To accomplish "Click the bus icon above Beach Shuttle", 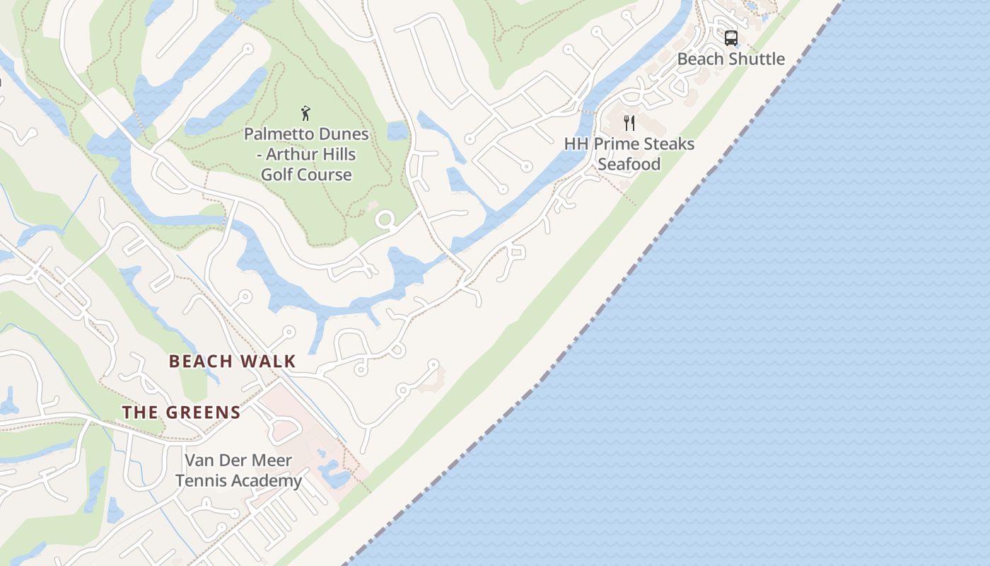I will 731,37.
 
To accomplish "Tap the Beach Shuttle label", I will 731,59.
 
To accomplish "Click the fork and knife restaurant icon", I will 629,123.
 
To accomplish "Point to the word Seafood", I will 629,164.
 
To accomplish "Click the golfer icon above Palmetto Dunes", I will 306,113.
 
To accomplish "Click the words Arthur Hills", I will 312,154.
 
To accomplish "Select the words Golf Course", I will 306,174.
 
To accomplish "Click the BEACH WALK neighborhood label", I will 232,361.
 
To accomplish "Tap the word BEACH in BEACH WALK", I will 201,361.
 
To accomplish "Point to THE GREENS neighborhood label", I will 181,412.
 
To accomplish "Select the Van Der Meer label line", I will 238,461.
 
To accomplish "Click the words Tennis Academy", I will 238,481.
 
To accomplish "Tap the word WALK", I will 267,361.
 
